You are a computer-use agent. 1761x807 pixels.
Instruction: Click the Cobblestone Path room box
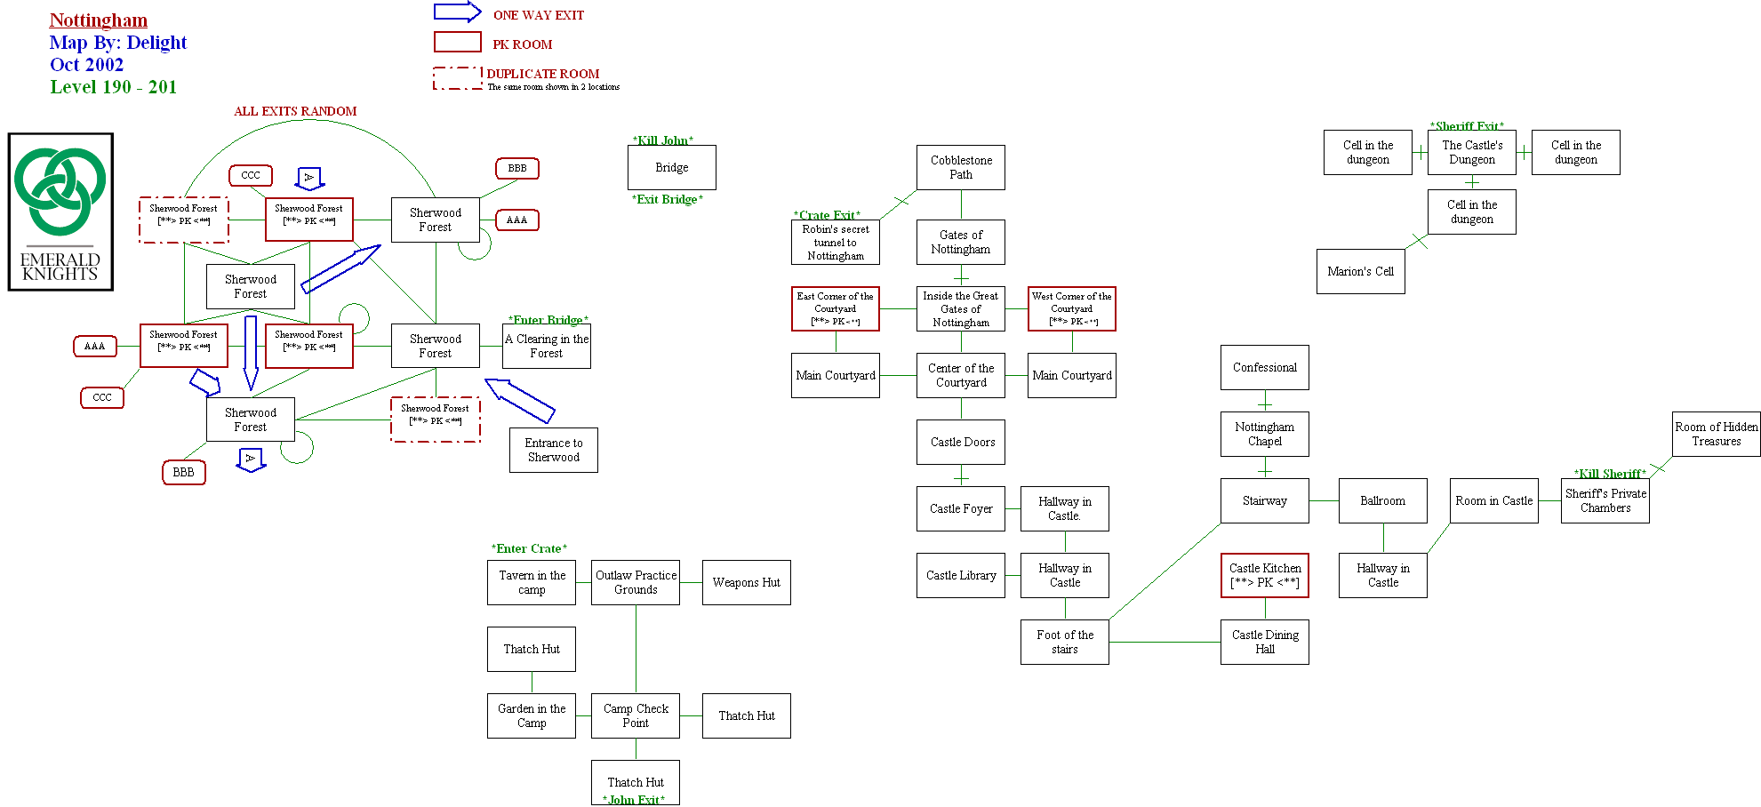tap(960, 167)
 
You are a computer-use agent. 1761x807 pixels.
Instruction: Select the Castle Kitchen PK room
tap(1264, 575)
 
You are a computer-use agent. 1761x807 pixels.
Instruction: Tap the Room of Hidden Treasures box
tap(1716, 434)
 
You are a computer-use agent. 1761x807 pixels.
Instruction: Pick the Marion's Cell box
tap(1360, 271)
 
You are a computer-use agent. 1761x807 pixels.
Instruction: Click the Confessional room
tap(1264, 367)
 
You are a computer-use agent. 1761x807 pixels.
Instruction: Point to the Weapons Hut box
tap(746, 582)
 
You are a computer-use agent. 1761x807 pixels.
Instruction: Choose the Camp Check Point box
tap(635, 715)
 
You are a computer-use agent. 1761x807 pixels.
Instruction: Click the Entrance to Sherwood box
tap(553, 450)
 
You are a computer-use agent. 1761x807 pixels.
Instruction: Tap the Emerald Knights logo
tap(60, 212)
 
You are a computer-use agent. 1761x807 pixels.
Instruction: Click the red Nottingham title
tap(99, 20)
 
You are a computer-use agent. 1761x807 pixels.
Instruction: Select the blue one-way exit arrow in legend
tap(457, 12)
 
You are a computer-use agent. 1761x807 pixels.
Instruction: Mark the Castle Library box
tap(960, 575)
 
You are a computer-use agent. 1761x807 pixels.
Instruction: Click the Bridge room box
tap(671, 167)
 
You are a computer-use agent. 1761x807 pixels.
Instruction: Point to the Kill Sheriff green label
tap(1609, 474)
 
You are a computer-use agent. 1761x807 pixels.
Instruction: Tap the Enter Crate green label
tap(529, 548)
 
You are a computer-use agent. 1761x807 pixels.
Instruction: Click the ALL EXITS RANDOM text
tap(295, 111)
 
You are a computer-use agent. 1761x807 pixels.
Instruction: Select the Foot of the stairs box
tap(1064, 642)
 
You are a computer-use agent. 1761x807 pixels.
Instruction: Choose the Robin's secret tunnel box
tap(835, 242)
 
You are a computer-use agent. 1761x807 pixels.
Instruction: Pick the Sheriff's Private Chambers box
tap(1605, 500)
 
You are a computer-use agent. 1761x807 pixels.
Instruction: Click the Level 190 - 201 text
tap(113, 86)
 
